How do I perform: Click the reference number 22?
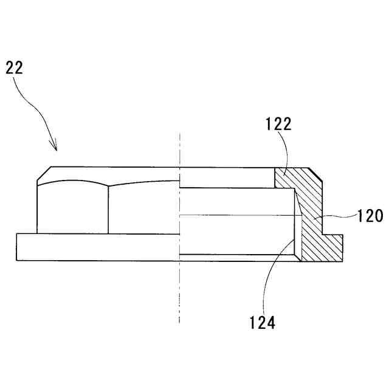click(15, 67)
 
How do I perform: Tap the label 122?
click(279, 125)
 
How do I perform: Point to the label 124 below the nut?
click(262, 322)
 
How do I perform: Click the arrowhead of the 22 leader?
click(55, 148)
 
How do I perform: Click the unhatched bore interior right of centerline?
click(237, 234)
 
